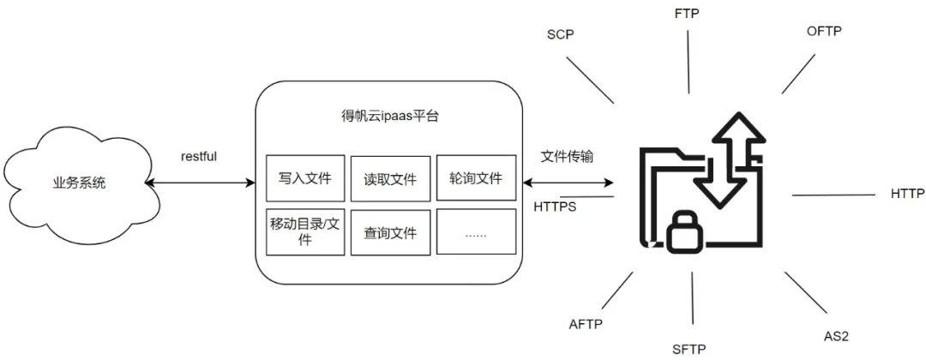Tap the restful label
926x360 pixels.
[x=199, y=157]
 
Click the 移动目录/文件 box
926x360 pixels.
[x=305, y=231]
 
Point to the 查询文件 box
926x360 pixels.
[x=390, y=231]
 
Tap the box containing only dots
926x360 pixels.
[x=476, y=231]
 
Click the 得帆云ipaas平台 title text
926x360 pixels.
[x=390, y=115]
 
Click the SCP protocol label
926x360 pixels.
[x=560, y=35]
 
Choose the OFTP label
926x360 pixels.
[x=824, y=32]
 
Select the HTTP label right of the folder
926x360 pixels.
[x=907, y=194]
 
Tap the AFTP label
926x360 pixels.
[x=586, y=323]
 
